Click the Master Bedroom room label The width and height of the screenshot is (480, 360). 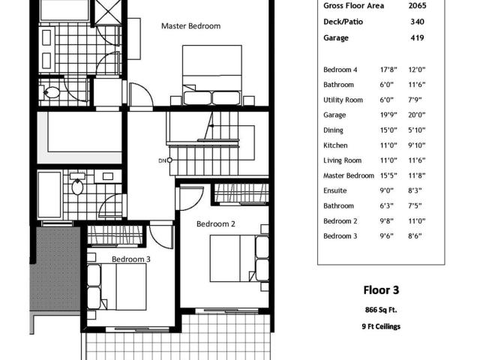[190, 26]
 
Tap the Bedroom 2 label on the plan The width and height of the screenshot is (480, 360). [216, 224]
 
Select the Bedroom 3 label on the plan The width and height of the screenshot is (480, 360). [131, 259]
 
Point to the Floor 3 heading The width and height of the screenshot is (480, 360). [381, 290]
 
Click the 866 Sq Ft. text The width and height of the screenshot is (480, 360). [381, 310]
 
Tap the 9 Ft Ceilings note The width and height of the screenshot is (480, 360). [381, 327]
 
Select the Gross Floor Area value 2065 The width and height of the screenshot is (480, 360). [417, 5]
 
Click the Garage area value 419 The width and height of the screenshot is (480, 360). [417, 38]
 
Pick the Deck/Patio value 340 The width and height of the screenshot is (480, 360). [417, 22]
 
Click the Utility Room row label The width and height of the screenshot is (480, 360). [343, 100]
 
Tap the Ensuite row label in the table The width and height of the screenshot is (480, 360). [335, 190]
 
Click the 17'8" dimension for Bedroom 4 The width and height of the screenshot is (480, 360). [388, 70]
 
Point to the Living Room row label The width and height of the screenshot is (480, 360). [343, 160]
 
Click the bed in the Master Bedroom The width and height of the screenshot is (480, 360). [212, 75]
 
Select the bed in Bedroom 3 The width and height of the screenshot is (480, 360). [117, 286]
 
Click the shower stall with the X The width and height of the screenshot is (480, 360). [108, 12]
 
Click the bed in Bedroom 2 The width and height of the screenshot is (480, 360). [239, 258]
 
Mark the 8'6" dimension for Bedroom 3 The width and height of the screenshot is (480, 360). [415, 236]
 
